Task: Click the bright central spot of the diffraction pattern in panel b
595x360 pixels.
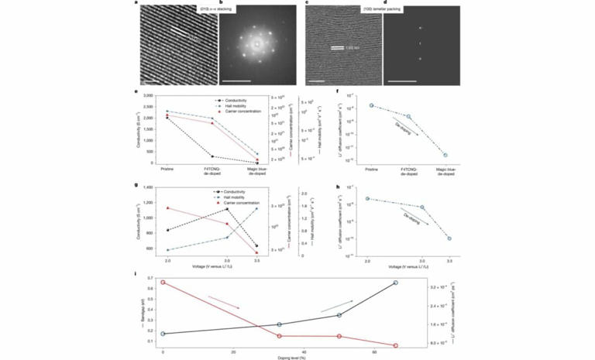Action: (x=254, y=46)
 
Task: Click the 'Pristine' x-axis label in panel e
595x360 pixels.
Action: (x=167, y=168)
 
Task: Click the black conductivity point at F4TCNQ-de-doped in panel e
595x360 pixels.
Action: (x=213, y=156)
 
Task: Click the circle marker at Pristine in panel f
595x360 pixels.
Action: (x=371, y=105)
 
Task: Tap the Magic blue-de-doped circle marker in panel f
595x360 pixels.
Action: (x=445, y=156)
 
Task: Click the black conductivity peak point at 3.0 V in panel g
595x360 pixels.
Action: (x=225, y=209)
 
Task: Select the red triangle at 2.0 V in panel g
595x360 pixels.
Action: (x=167, y=207)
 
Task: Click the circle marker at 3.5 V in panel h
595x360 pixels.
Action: (x=450, y=238)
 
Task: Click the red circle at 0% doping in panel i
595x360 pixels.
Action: (x=163, y=283)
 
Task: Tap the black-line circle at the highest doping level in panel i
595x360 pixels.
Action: (x=395, y=283)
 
